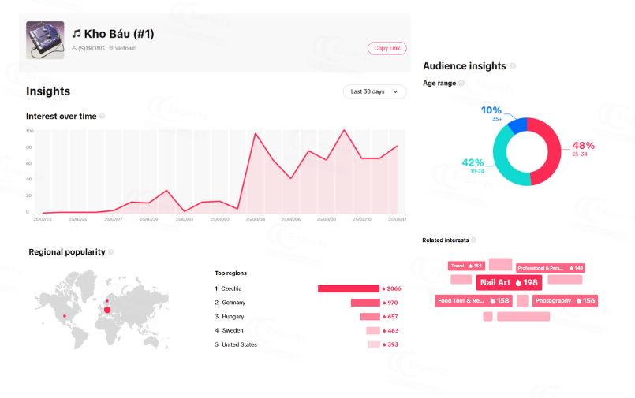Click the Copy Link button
tap(387, 48)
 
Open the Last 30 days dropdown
tap(375, 91)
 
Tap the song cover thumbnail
tap(45, 39)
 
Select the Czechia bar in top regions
tap(348, 288)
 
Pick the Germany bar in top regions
tap(365, 303)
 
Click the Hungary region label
tap(233, 316)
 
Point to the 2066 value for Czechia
tap(391, 288)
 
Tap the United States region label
tap(239, 344)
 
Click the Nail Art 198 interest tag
tap(509, 282)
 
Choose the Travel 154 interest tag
tap(466, 266)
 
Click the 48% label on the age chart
tap(583, 146)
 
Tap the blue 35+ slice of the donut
tap(517, 125)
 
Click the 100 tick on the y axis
tap(29, 132)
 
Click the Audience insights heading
tap(464, 66)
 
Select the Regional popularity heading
tap(66, 252)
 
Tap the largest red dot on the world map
tap(107, 310)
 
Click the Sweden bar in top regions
tap(372, 331)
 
